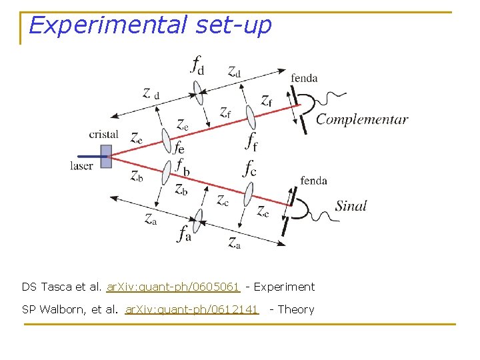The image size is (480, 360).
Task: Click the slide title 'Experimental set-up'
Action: pyautogui.click(x=150, y=25)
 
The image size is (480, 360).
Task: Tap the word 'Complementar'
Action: pyautogui.click(x=361, y=120)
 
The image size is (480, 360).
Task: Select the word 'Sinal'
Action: pyautogui.click(x=351, y=206)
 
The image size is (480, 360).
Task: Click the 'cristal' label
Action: pyautogui.click(x=103, y=135)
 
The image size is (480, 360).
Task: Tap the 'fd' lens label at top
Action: pyautogui.click(x=197, y=65)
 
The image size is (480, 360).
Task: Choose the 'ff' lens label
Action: pyautogui.click(x=251, y=142)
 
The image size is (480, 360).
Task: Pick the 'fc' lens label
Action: pyautogui.click(x=250, y=169)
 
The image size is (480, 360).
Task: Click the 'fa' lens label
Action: pyautogui.click(x=185, y=233)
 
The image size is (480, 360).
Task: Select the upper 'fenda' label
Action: pyautogui.click(x=304, y=78)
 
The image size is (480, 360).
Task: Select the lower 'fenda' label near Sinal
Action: pyautogui.click(x=313, y=181)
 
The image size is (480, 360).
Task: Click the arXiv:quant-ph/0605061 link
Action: pyautogui.click(x=173, y=287)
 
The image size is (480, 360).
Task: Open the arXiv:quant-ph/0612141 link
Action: pyautogui.click(x=191, y=309)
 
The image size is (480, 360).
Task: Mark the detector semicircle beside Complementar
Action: pyautogui.click(x=307, y=107)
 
